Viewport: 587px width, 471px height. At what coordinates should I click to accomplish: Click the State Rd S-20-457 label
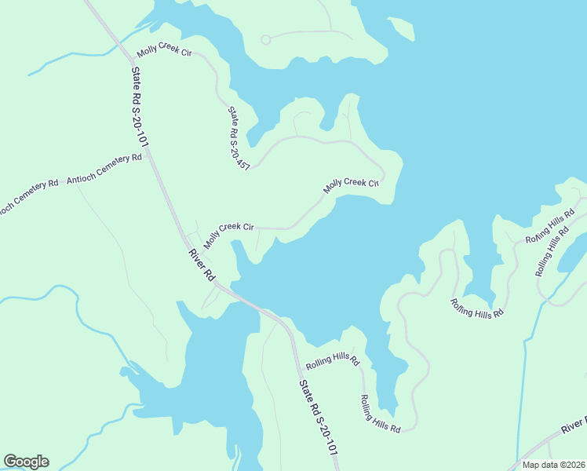(x=238, y=138)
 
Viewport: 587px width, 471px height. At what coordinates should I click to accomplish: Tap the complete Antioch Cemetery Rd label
(x=104, y=169)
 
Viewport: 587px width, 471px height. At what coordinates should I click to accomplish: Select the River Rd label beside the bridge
(x=201, y=265)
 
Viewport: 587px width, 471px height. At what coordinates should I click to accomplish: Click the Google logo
(x=26, y=462)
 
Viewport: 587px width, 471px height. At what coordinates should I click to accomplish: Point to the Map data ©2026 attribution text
(x=553, y=465)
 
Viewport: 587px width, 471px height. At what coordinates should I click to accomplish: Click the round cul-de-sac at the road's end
(x=265, y=39)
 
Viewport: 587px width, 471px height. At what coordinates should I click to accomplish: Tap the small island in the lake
(x=401, y=29)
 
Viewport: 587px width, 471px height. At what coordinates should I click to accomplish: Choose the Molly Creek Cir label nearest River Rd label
(x=228, y=233)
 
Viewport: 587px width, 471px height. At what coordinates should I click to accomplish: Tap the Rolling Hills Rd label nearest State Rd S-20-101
(x=332, y=362)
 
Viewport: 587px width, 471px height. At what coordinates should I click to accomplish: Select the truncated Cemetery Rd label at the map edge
(x=28, y=197)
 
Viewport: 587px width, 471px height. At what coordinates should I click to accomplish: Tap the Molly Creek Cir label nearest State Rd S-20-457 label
(x=352, y=185)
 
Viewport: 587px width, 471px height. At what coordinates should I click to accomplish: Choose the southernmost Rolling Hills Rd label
(x=381, y=413)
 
